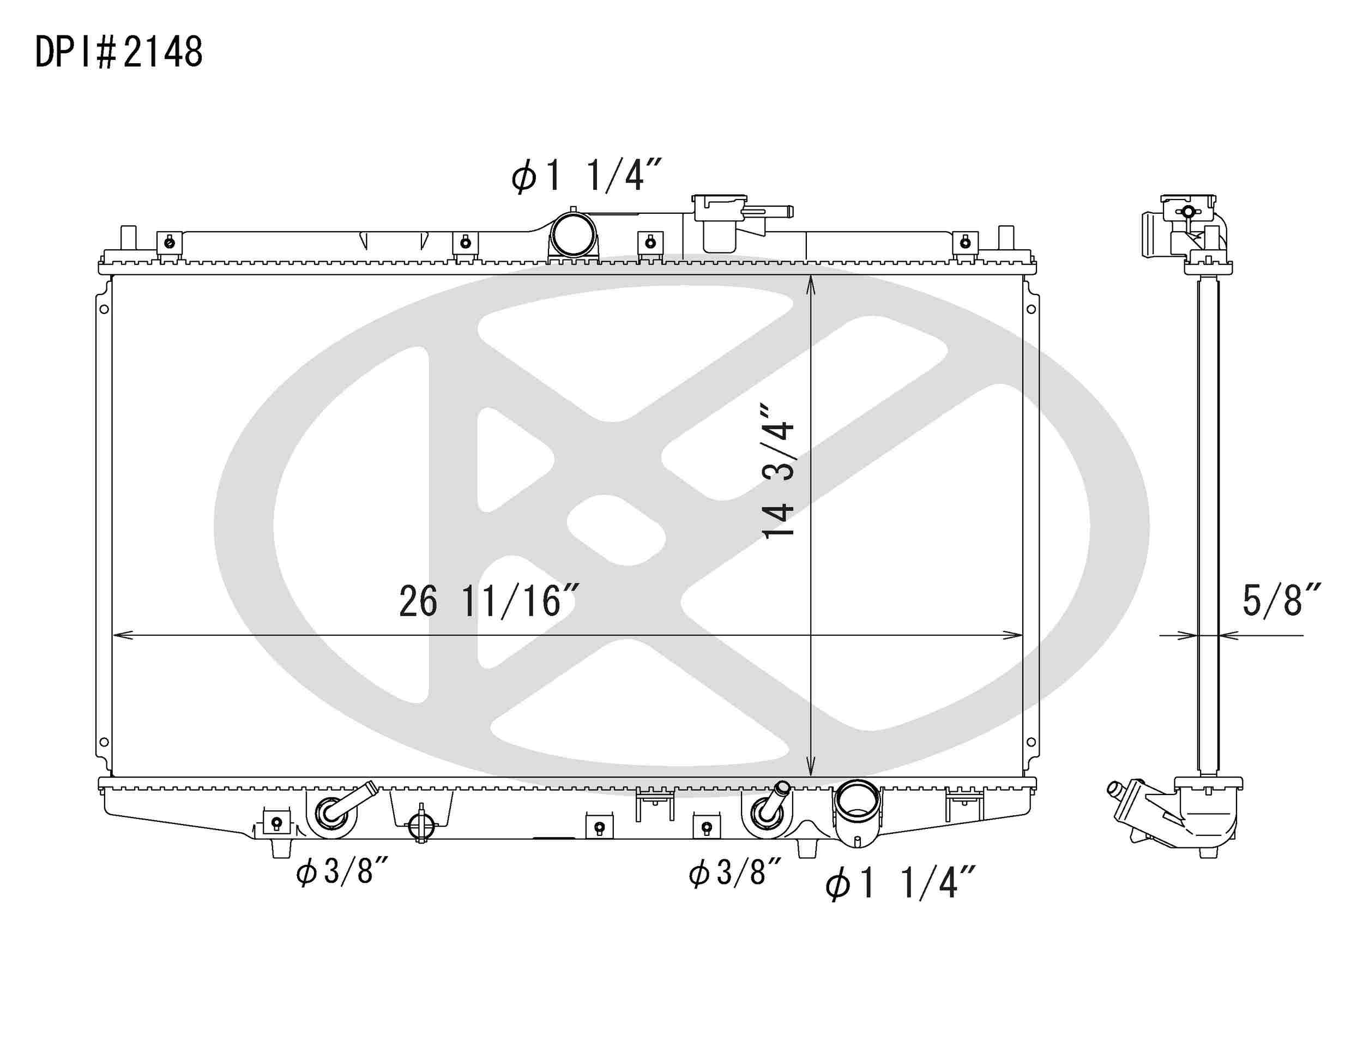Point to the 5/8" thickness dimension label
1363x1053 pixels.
(1281, 600)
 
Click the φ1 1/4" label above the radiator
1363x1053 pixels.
(586, 176)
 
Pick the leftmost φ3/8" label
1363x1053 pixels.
(342, 871)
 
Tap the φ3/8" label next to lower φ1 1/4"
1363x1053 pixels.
(734, 872)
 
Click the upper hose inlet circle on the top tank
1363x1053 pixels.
(573, 233)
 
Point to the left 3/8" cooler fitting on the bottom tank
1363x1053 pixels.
(332, 812)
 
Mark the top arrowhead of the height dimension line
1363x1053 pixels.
(811, 284)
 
